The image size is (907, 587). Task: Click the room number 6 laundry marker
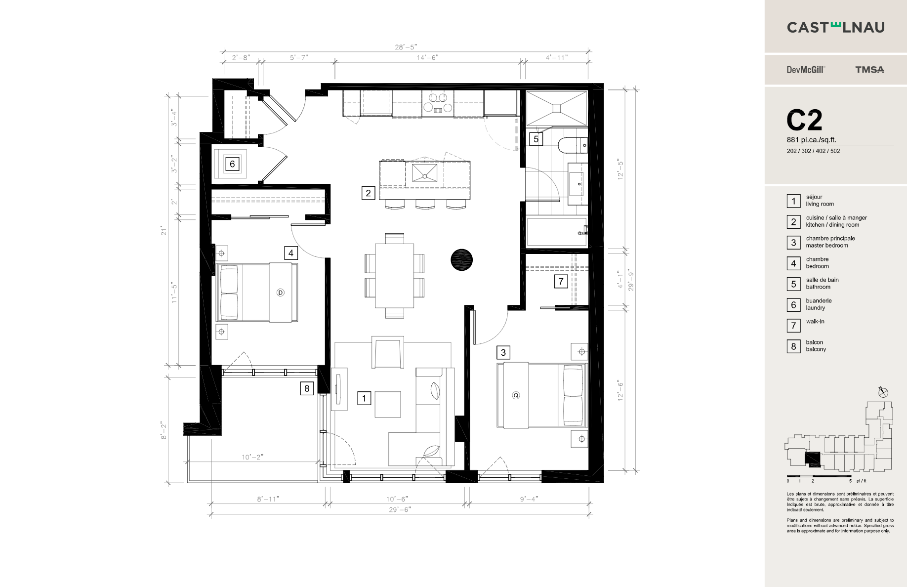point(232,164)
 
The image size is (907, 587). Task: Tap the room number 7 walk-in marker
point(560,282)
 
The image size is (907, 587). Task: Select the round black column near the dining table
point(461,259)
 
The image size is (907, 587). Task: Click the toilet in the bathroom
point(572,146)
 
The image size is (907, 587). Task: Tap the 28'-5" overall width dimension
point(406,47)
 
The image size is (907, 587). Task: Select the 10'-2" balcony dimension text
point(252,457)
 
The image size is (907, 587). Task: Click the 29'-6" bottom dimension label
point(399,509)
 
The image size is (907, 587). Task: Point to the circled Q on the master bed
point(516,395)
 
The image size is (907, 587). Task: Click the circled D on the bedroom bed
point(280,293)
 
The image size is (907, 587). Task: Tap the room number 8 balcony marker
point(307,389)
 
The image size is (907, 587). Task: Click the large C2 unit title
point(804,120)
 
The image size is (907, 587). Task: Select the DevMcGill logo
point(805,70)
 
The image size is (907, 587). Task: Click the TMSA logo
point(869,70)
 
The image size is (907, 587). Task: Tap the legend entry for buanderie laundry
point(818,304)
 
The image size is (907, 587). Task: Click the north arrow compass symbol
point(883,393)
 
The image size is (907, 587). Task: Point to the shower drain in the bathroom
point(556,107)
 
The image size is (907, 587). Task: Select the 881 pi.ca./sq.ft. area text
point(811,140)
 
